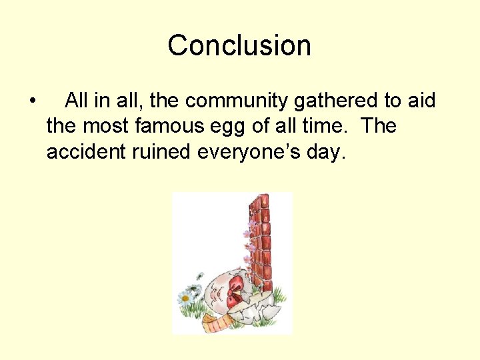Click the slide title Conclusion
(x=239, y=46)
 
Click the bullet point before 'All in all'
(x=33, y=102)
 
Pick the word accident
(x=85, y=152)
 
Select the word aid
(x=420, y=101)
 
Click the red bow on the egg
(x=236, y=290)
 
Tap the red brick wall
(x=261, y=240)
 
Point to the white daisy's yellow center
(x=186, y=297)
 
